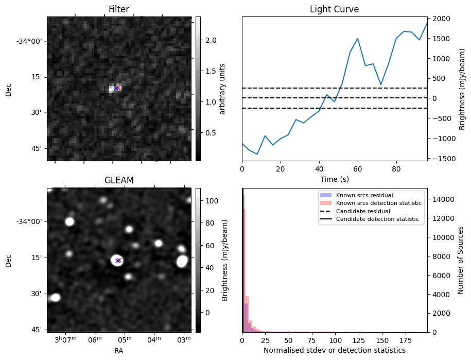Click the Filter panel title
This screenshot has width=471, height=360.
tap(118, 9)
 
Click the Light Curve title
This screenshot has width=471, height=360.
tap(334, 9)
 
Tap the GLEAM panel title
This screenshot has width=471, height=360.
tap(118, 180)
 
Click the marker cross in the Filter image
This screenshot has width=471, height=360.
tap(116, 88)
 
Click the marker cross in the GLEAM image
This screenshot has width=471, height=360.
tap(118, 261)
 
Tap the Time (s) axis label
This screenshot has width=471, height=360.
tap(334, 179)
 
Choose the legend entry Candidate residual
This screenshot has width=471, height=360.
tap(363, 212)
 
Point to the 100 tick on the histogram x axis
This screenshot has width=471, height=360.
tap(336, 340)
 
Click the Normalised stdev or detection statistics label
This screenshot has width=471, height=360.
tap(334, 350)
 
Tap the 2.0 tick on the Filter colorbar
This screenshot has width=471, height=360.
tap(211, 40)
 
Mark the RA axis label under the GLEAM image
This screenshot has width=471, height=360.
tap(118, 351)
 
